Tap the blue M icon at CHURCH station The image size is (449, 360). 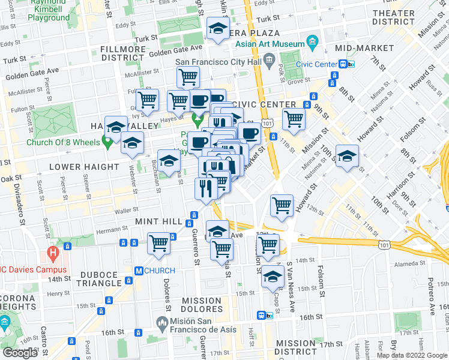(138, 271)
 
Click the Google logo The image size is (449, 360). (20, 353)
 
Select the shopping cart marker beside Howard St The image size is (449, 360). (282, 206)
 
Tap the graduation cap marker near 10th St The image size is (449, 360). (346, 157)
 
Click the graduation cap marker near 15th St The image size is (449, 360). (273, 276)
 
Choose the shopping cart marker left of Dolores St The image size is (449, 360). (158, 243)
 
